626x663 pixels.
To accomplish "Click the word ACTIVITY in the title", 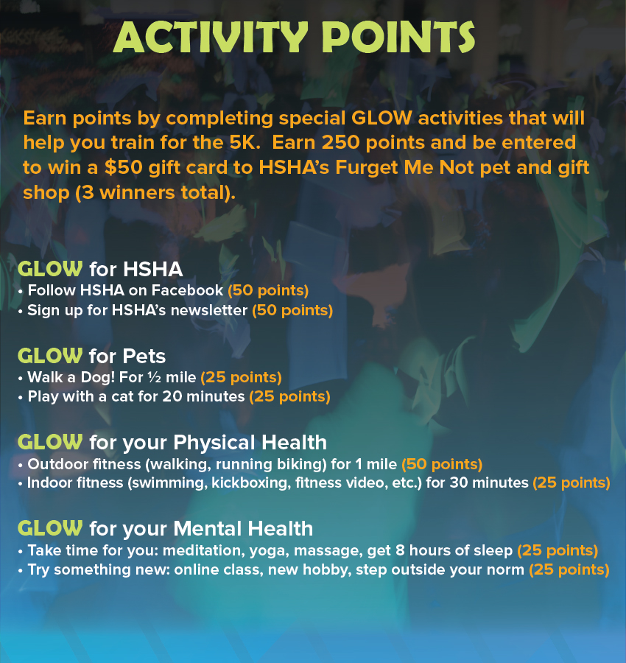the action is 211,38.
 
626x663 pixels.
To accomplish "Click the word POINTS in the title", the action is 398,38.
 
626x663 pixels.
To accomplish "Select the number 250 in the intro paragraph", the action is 340,142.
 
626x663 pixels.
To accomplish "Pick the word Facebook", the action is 187,290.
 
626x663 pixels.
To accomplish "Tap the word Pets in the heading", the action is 144,356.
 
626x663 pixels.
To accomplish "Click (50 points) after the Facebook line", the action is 268,290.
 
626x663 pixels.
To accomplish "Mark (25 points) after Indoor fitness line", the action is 572,483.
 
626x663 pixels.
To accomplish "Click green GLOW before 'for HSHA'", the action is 50,269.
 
